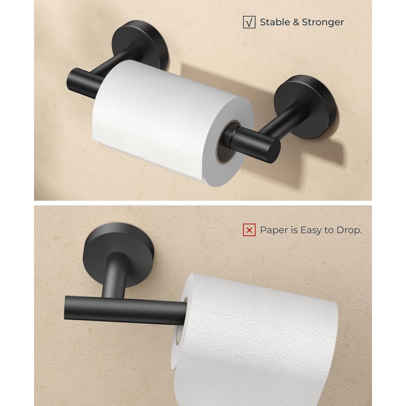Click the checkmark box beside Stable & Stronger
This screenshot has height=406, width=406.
pyautogui.click(x=249, y=22)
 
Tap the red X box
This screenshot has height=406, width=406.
pyautogui.click(x=249, y=230)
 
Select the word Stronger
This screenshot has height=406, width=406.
pyautogui.click(x=323, y=22)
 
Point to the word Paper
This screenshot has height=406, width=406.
pyautogui.click(x=273, y=230)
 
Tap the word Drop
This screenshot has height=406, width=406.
pyautogui.click(x=349, y=230)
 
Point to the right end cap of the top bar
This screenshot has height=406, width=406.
pyautogui.click(x=274, y=151)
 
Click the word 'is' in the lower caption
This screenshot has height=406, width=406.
pyautogui.click(x=293, y=230)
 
